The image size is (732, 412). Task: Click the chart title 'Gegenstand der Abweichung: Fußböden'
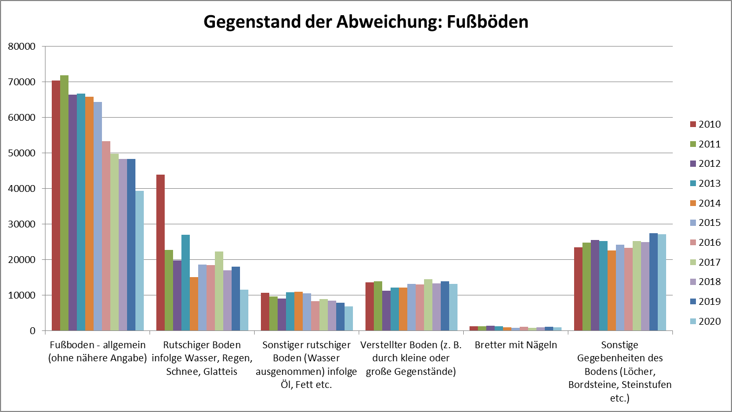click(365, 22)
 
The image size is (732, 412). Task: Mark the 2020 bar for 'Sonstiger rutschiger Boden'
click(349, 318)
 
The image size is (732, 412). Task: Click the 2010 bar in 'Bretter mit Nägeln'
click(474, 328)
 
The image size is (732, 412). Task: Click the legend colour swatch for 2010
click(693, 124)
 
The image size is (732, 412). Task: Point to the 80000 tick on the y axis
click(22, 47)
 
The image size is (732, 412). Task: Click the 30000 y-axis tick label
click(22, 224)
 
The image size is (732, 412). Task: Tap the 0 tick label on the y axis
click(32, 331)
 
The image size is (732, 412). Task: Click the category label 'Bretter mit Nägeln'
click(516, 346)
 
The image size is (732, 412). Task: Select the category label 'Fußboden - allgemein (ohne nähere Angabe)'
click(97, 352)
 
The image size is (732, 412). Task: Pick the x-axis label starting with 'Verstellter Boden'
click(411, 359)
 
